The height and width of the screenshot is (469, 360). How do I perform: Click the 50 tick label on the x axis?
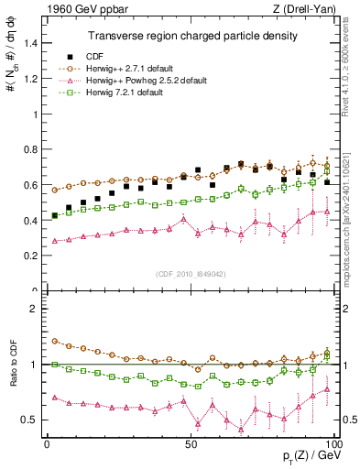pyautogui.click(x=191, y=443)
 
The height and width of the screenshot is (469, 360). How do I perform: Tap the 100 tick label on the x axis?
pyautogui.click(x=335, y=443)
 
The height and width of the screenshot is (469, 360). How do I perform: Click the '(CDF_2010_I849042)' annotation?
pyautogui.click(x=189, y=273)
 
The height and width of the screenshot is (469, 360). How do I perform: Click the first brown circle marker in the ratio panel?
pyautogui.click(x=55, y=341)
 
